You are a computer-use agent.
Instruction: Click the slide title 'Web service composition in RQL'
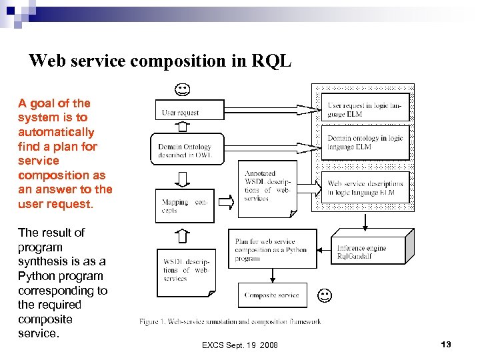(160, 61)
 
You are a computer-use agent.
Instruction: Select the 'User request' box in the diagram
(190, 111)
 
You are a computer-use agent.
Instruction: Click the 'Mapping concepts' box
(185, 205)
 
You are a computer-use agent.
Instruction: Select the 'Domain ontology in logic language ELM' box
(365, 143)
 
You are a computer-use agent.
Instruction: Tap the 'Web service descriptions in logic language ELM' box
(365, 188)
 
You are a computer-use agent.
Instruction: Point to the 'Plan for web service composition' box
(272, 250)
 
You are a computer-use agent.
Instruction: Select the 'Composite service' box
(272, 295)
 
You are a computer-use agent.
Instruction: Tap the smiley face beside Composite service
(325, 294)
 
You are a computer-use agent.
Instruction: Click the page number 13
(446, 344)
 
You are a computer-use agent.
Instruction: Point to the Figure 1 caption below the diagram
(230, 322)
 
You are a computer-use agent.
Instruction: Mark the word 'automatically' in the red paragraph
(56, 132)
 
